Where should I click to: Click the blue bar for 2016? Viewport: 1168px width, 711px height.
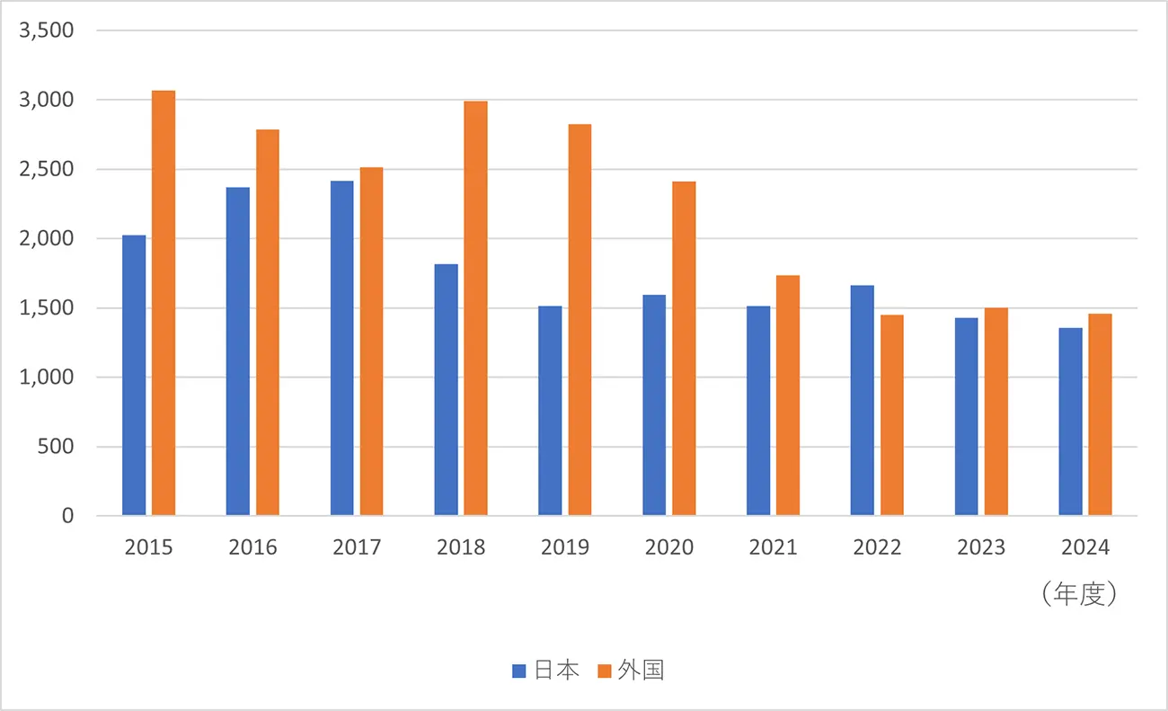point(238,351)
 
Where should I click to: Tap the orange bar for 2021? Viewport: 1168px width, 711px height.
point(787,395)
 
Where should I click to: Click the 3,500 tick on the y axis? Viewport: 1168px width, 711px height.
point(46,31)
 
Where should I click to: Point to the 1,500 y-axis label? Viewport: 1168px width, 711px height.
point(46,308)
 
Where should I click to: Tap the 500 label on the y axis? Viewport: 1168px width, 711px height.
point(57,447)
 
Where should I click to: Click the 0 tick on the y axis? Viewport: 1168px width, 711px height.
point(66,516)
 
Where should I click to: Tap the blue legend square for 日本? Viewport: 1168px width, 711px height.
point(519,671)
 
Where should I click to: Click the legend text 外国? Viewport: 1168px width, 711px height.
point(641,671)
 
